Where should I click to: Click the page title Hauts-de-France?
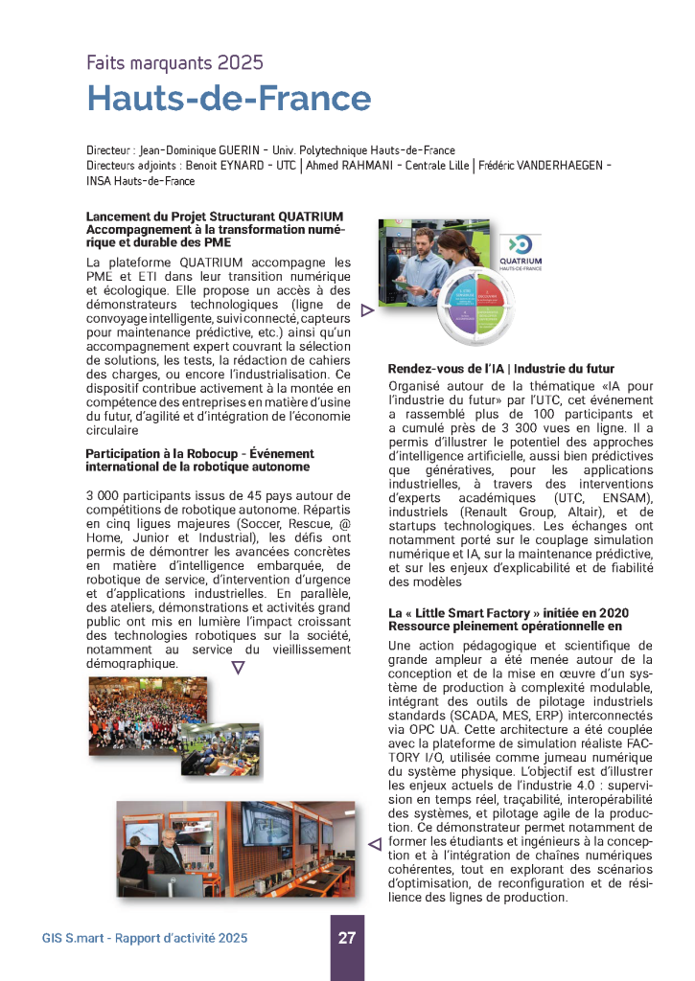[x=228, y=99]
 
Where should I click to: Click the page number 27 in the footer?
[x=347, y=938]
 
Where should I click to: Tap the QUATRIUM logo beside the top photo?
[x=521, y=251]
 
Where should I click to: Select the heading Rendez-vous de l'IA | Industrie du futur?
[x=500, y=369]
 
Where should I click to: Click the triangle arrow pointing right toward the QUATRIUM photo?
[x=366, y=310]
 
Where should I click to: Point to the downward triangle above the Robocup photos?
[x=239, y=668]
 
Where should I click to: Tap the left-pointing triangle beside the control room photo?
[x=375, y=843]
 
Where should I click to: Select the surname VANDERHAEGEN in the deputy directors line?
[x=553, y=166]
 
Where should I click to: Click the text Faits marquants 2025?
[x=174, y=63]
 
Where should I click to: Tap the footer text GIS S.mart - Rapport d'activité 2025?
[x=145, y=938]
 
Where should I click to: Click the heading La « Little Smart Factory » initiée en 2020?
[x=507, y=612]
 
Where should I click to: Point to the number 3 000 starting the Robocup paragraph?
[x=104, y=494]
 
